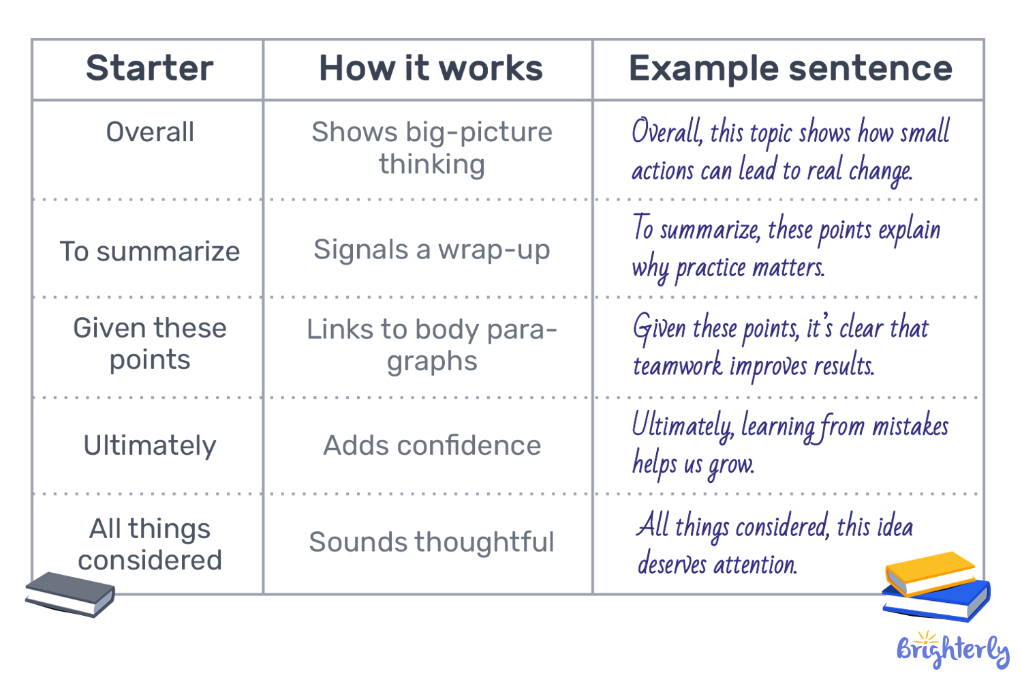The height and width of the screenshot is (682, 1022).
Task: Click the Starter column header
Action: tap(149, 68)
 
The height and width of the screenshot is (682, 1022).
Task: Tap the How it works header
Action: tap(431, 68)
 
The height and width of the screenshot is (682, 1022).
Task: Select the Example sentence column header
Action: tap(790, 68)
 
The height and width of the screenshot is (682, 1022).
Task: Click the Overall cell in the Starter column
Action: tap(150, 132)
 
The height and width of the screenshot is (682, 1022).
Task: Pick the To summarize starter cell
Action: tap(150, 251)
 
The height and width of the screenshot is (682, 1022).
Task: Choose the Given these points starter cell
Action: tap(150, 344)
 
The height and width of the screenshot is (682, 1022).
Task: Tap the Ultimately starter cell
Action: tap(150, 445)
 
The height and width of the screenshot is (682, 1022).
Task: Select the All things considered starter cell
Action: tap(150, 544)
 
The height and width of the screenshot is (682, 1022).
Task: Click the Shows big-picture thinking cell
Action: tap(432, 148)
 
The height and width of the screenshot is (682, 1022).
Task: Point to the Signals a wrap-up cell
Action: tap(432, 250)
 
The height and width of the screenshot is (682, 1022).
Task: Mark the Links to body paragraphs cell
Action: tap(432, 345)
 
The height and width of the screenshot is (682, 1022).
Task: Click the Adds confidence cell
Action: tap(432, 445)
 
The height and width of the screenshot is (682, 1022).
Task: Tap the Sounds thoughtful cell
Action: tap(432, 542)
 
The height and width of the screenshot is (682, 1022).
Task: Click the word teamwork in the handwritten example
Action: tap(677, 366)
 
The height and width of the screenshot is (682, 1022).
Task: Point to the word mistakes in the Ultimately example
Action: tap(910, 426)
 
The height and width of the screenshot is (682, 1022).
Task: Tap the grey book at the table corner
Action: tap(69, 593)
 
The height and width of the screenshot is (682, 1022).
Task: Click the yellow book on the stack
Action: tap(930, 572)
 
